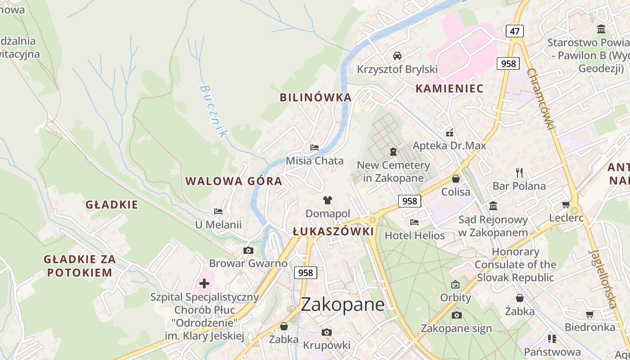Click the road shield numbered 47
tap(514, 31)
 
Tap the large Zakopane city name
tap(342, 305)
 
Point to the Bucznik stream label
tap(214, 111)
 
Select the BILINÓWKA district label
tap(315, 97)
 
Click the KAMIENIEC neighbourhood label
tap(449, 88)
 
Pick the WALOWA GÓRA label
tap(234, 181)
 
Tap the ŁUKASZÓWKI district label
tap(333, 231)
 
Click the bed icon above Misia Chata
tap(315, 148)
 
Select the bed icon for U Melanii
tap(218, 211)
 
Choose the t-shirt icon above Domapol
tap(328, 200)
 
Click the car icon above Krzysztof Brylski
tap(397, 56)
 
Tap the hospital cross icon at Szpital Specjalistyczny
tap(204, 283)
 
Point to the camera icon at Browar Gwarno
tap(248, 250)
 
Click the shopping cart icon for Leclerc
tap(566, 204)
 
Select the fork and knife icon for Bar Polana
tap(519, 172)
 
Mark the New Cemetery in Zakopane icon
tap(393, 152)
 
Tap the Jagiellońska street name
tap(603, 279)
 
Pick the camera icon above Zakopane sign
tap(456, 315)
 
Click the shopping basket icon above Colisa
tap(455, 179)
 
